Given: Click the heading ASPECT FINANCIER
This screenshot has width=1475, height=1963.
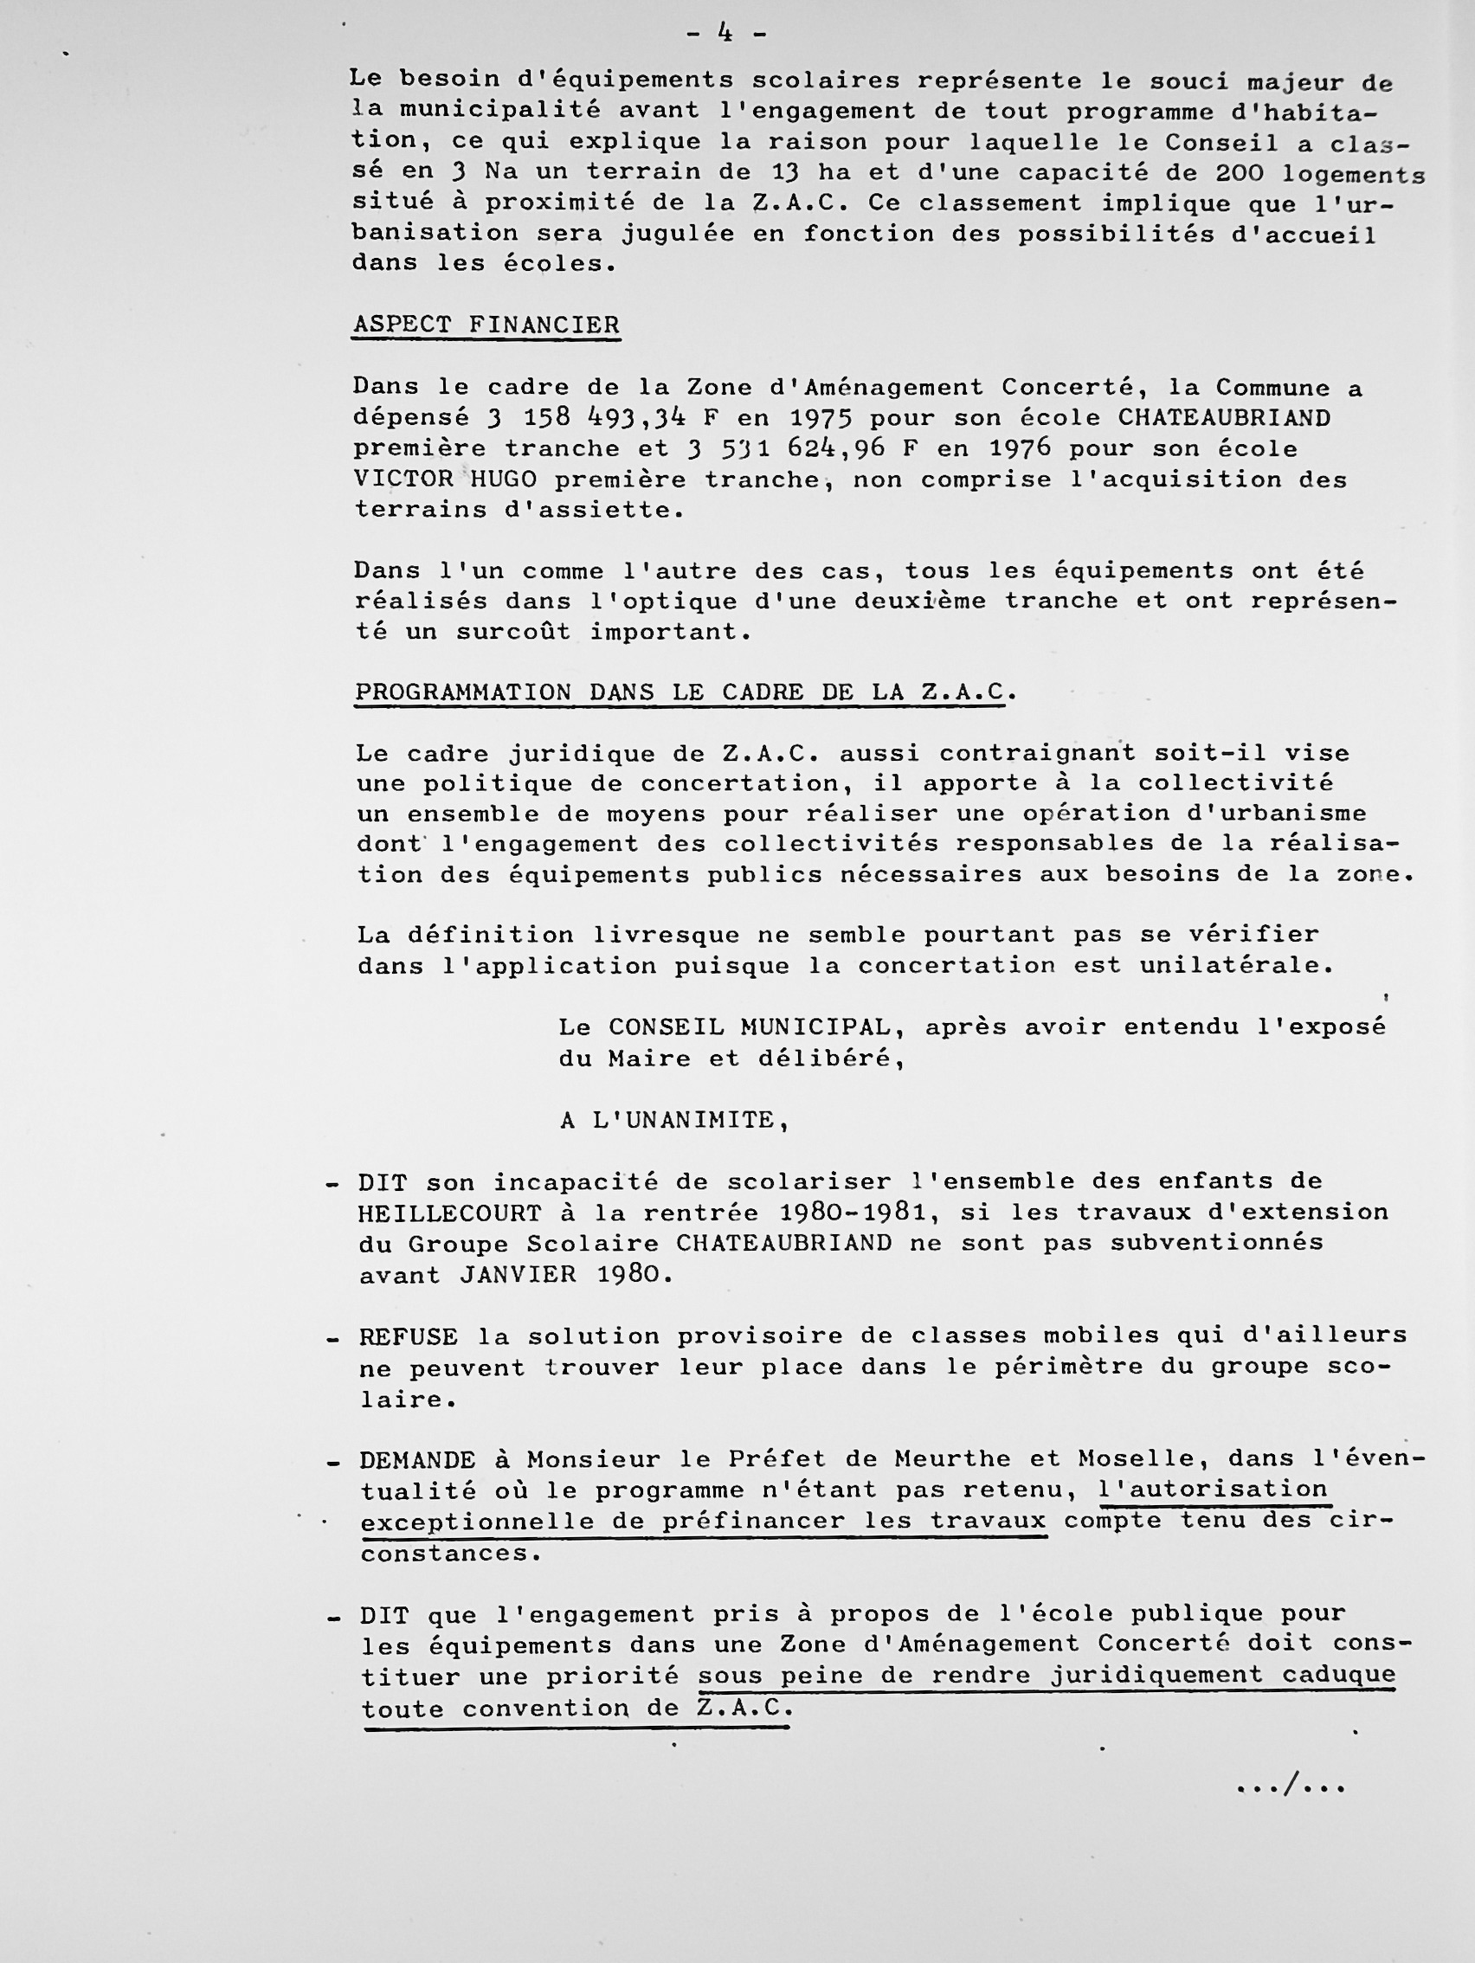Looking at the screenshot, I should (x=486, y=325).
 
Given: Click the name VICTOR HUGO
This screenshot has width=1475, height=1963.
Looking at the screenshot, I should (x=446, y=479).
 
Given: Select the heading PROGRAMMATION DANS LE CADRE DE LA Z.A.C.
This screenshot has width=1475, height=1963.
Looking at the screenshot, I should (x=680, y=692).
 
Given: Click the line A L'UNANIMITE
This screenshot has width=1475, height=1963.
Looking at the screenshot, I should (x=674, y=1120).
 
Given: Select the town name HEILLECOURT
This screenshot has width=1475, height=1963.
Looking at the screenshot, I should (x=450, y=1213).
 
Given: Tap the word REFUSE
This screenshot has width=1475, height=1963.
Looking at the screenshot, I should (x=409, y=1336).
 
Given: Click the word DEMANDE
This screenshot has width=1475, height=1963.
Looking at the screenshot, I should (x=417, y=1460).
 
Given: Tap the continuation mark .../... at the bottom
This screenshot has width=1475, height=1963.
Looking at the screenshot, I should (x=1291, y=1785).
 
